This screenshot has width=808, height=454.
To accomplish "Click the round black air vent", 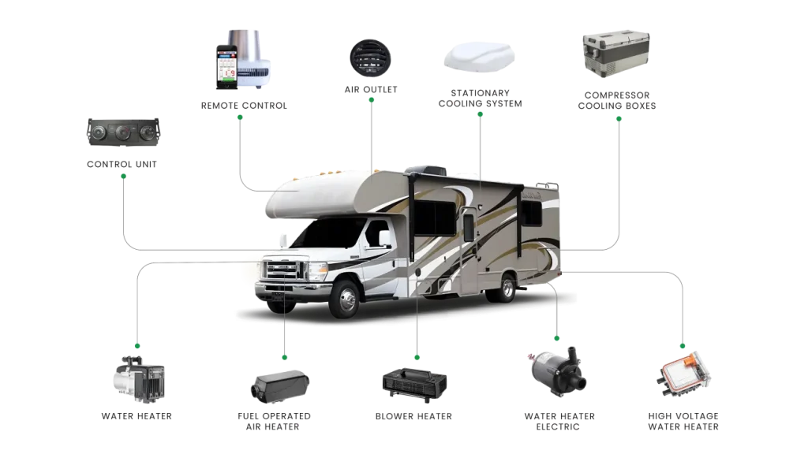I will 369,57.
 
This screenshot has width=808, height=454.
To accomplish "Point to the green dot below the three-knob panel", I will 123,176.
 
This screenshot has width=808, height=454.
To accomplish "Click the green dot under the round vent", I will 369,116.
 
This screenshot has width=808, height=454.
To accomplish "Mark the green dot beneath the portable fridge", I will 619,118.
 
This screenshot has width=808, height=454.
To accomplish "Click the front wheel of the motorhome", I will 344,299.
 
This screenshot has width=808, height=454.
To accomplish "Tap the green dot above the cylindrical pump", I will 556,339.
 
